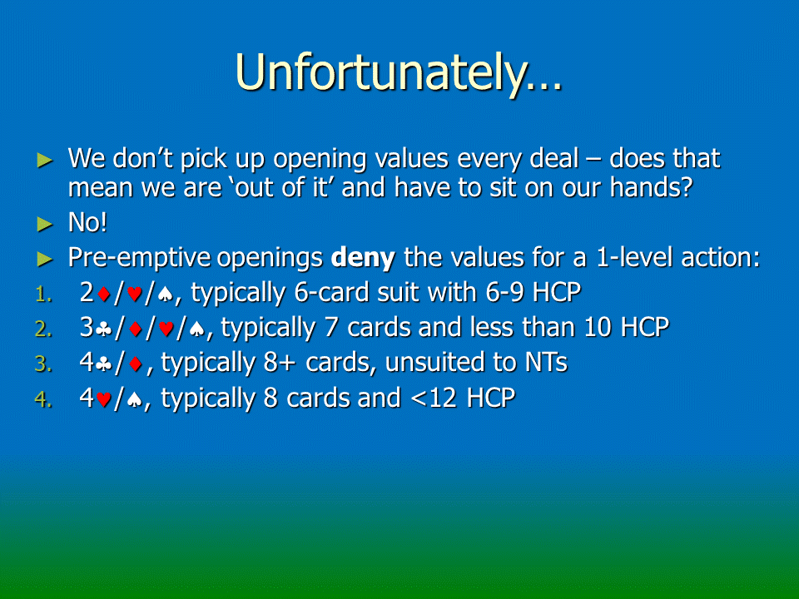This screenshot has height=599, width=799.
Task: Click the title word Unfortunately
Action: click(398, 74)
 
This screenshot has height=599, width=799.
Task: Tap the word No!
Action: click(87, 223)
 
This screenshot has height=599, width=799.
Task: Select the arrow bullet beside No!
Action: click(45, 224)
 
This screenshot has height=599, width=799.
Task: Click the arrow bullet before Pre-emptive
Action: click(45, 260)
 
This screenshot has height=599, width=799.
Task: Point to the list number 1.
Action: click(43, 295)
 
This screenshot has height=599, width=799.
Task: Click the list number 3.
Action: click(43, 364)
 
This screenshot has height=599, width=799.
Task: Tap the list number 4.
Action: click(43, 399)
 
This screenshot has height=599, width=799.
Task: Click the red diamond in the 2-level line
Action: click(104, 294)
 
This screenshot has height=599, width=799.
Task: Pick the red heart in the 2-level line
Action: click(135, 294)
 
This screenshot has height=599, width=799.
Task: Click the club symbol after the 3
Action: click(104, 329)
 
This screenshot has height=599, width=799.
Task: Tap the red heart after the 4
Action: click(103, 399)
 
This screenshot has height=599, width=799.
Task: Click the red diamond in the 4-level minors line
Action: click(136, 364)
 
